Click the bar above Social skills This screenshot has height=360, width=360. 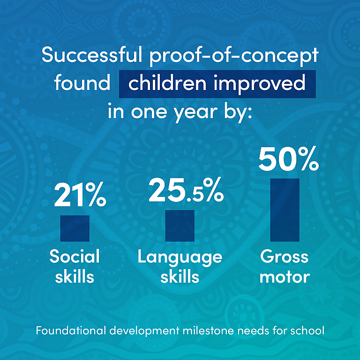tap(75, 228)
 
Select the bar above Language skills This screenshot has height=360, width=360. tap(180, 225)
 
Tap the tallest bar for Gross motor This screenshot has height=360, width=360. tap(285, 210)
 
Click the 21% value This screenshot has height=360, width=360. tap(80, 194)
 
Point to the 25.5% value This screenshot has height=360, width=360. tap(186, 190)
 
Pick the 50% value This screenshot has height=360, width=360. tap(289, 158)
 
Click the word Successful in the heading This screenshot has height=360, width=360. tap(92, 55)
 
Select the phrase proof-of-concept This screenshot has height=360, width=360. tap(234, 56)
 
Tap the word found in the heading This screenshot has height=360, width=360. tap(82, 82)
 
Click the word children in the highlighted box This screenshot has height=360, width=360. tap(167, 82)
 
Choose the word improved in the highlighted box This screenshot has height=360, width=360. tap(259, 84)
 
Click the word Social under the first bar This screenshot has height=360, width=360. tap(75, 256)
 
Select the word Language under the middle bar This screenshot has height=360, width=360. tap(180, 258)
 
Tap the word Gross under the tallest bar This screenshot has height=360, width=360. tap(284, 256)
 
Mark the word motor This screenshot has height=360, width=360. tap(285, 277)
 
